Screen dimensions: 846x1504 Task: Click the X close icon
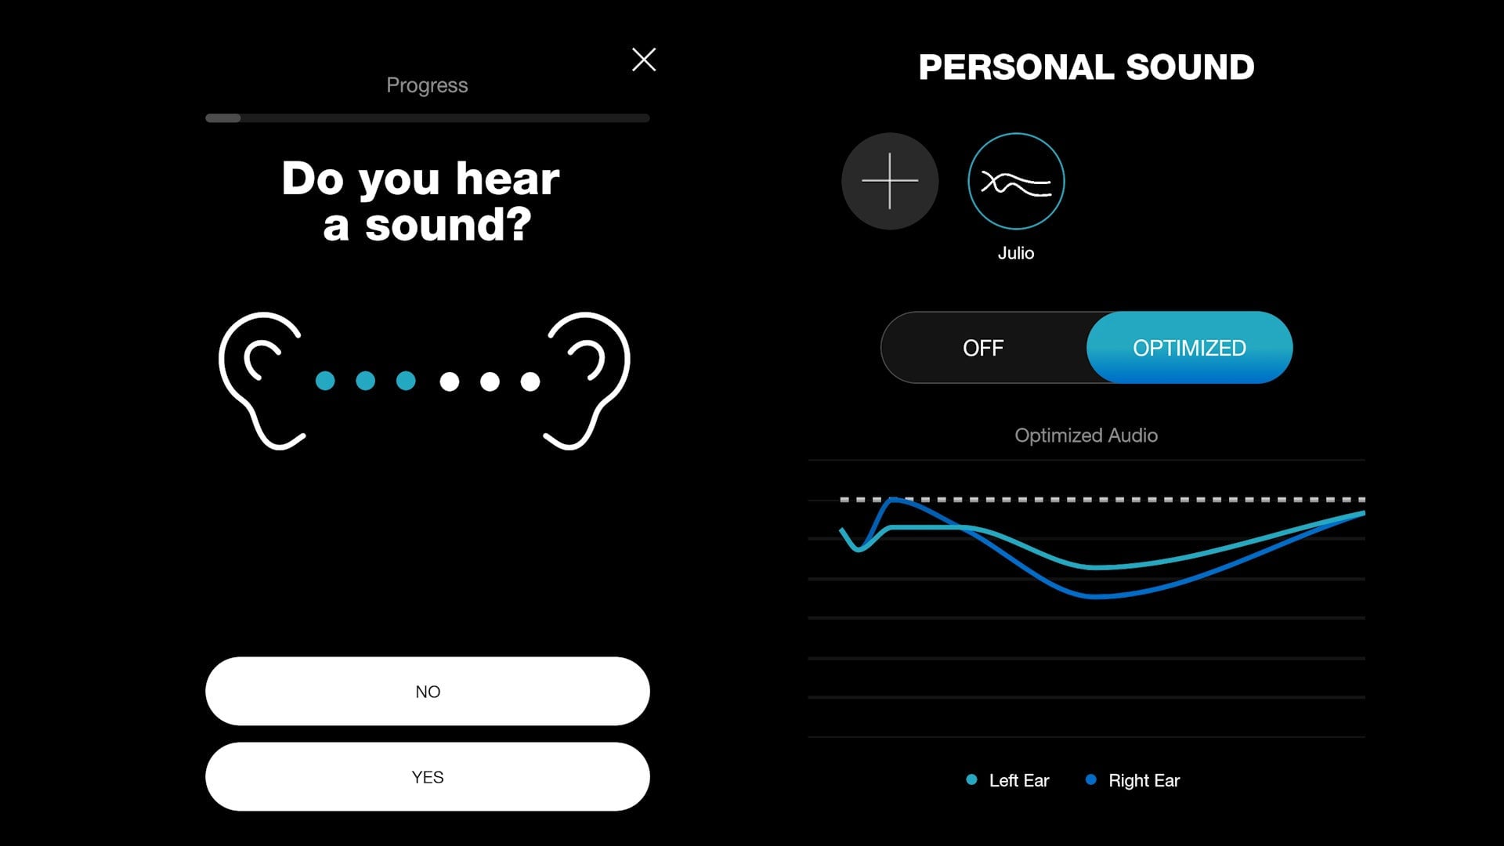click(644, 60)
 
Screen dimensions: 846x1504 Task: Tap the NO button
click(428, 691)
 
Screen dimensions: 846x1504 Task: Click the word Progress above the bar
click(427, 85)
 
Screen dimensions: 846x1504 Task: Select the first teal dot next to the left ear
click(325, 381)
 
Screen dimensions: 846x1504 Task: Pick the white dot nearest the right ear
click(530, 381)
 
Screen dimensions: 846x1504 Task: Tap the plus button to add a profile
click(890, 181)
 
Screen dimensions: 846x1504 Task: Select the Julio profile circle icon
click(1016, 181)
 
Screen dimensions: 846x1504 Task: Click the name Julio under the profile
click(1016, 253)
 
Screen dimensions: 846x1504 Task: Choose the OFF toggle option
click(983, 348)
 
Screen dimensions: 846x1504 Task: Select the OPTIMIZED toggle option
click(1189, 348)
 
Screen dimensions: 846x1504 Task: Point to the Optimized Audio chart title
click(1086, 436)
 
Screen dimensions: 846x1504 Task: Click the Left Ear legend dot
click(971, 779)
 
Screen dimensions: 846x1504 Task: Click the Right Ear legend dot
click(1090, 779)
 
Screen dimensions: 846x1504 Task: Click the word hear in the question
click(508, 179)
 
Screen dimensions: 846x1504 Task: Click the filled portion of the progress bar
click(223, 118)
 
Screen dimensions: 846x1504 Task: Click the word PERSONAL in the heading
click(1016, 67)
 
